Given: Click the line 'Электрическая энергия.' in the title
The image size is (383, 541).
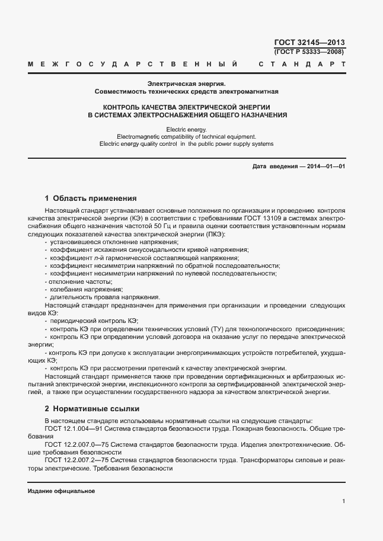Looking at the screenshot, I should [x=187, y=84].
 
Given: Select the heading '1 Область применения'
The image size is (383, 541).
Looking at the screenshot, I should [x=91, y=198].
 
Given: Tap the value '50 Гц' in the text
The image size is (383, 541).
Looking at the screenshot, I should [x=161, y=226].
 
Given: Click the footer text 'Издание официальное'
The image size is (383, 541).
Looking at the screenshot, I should [x=61, y=492].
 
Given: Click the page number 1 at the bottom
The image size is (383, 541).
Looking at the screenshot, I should [x=344, y=501].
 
